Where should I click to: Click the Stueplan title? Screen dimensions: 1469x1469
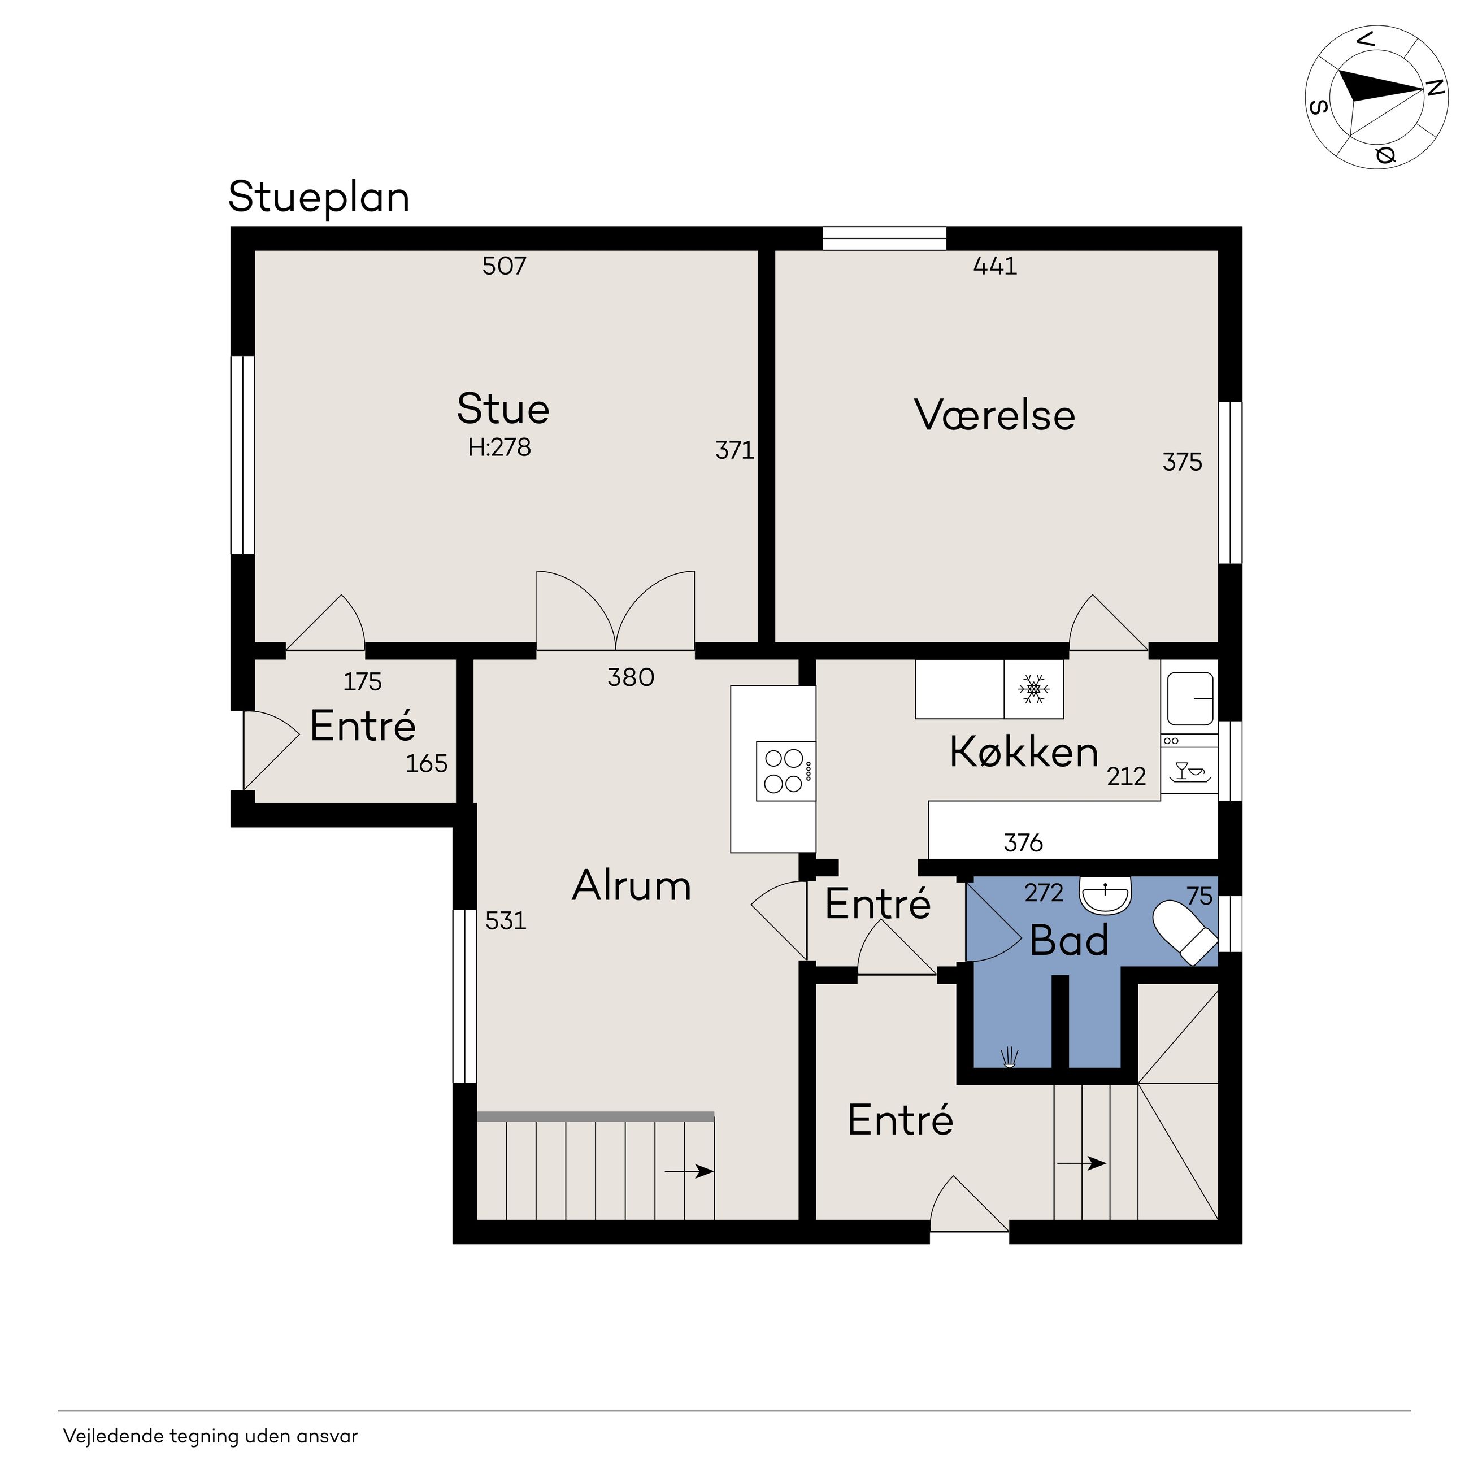coord(319,198)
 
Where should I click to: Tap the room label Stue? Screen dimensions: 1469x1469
coord(503,408)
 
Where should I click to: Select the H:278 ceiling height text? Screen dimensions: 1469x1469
coord(499,447)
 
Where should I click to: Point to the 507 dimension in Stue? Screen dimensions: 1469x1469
coord(504,266)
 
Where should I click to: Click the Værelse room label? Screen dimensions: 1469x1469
coord(994,415)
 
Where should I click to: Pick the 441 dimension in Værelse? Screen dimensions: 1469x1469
coord(996,266)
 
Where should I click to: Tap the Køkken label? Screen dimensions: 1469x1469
coord(1024,752)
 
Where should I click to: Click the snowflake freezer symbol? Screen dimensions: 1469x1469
coord(1033,689)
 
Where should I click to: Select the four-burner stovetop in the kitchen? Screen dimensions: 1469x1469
coord(785,771)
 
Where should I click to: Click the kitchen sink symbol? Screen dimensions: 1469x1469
coord(1190,698)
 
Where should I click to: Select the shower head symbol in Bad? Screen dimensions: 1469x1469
coord(1010,1058)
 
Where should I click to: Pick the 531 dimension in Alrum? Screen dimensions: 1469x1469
coord(506,921)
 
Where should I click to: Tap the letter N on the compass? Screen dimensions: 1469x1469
coord(1434,88)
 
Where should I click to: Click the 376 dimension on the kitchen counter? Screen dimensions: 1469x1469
coord(1023,842)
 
